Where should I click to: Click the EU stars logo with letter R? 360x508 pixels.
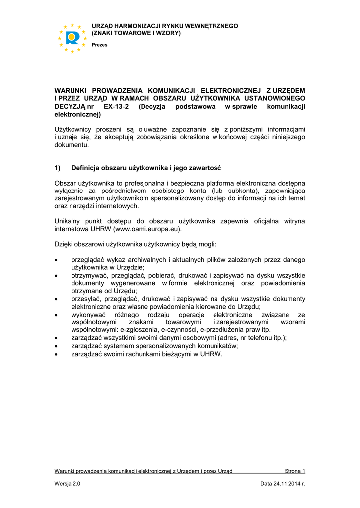tap(72, 38)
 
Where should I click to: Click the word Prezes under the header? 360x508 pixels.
tap(100, 45)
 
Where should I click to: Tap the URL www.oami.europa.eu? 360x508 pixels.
tap(147, 229)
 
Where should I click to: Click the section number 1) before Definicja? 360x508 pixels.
tap(58, 168)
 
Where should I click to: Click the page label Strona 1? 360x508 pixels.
tap(295, 471)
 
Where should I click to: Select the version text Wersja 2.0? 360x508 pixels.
tap(67, 484)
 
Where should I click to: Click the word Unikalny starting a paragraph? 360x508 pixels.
tap(66, 221)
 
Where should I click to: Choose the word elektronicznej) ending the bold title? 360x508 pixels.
tap(77, 114)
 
